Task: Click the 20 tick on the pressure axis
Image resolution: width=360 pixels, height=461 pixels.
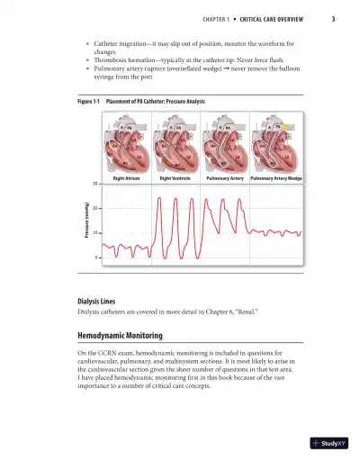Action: pos(95,208)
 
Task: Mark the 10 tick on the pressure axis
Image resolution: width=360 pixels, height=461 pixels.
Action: pos(95,233)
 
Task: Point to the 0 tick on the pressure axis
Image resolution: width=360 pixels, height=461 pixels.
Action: pos(96,258)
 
